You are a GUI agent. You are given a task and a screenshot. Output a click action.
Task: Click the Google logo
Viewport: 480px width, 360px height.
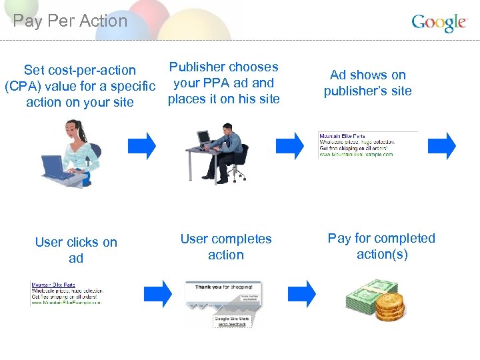pyautogui.click(x=439, y=23)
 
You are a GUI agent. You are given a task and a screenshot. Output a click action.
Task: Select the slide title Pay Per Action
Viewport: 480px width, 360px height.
pyautogui.click(x=70, y=21)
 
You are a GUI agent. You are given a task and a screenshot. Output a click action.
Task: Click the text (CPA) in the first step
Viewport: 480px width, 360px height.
pyautogui.click(x=21, y=86)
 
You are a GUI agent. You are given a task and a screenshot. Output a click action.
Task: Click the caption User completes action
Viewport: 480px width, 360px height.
pyautogui.click(x=226, y=246)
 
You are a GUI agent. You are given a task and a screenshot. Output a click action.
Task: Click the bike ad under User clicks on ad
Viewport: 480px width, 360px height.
pyautogui.click(x=67, y=294)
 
